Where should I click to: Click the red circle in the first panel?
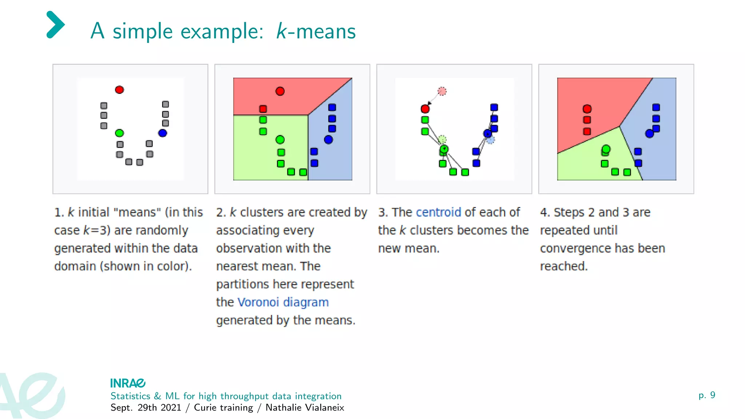click(x=119, y=90)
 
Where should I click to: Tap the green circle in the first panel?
click(x=119, y=133)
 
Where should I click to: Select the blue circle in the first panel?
click(x=163, y=133)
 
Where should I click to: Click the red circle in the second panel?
click(x=280, y=91)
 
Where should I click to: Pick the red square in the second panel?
click(x=263, y=109)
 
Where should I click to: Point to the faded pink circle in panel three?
click(x=442, y=91)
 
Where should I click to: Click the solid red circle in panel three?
click(x=425, y=109)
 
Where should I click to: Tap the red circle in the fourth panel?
click(x=587, y=109)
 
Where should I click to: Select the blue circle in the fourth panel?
click(x=650, y=133)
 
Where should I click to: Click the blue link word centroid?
click(x=438, y=212)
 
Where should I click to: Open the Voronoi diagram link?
click(x=283, y=302)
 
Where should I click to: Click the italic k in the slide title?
click(x=282, y=31)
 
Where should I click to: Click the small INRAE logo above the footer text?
click(x=128, y=383)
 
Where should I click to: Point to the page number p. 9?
click(x=707, y=395)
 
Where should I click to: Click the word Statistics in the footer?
click(x=130, y=396)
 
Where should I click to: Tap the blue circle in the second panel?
click(x=328, y=140)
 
